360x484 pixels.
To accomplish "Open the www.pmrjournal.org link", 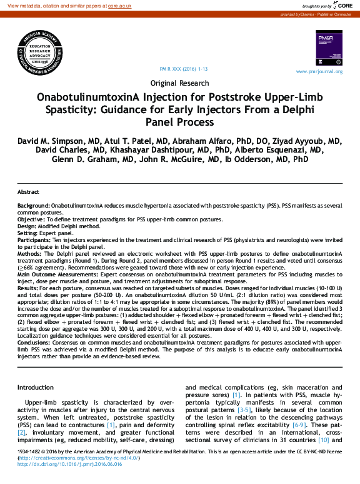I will click(x=319, y=71).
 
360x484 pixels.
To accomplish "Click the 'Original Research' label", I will click(x=179, y=83).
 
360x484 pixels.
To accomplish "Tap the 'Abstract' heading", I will click(x=28, y=192).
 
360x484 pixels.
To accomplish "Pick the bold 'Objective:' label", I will click(x=31, y=219).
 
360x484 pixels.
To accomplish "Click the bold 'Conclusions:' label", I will click(x=34, y=343).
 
